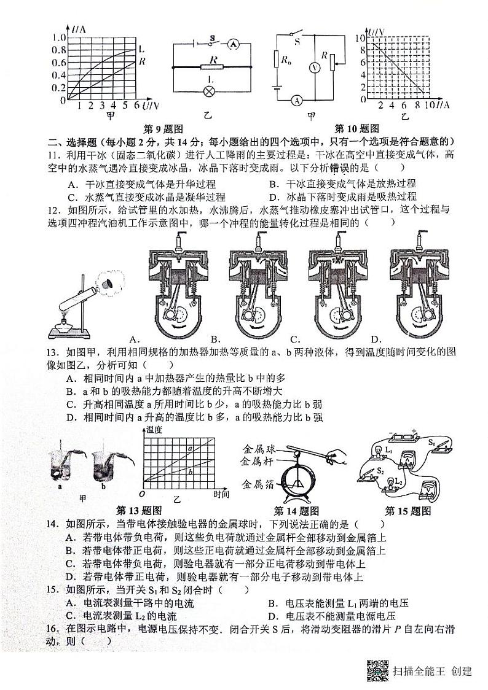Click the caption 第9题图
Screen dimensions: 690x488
pos(163,129)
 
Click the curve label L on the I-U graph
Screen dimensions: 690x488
pos(142,48)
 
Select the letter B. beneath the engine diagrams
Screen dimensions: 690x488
pos(216,339)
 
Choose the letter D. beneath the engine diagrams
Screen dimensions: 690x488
pos(376,339)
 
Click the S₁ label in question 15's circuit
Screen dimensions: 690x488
pos(432,442)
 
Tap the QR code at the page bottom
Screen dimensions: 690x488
pos(377,670)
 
